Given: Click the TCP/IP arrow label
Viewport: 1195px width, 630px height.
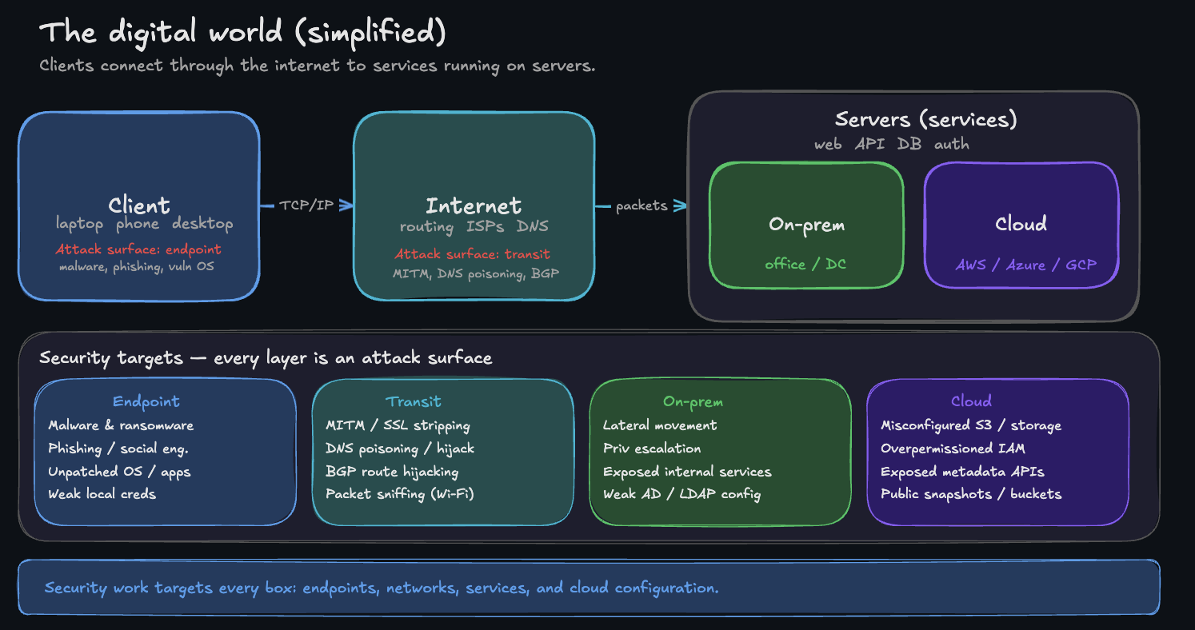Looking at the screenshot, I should pyautogui.click(x=306, y=205).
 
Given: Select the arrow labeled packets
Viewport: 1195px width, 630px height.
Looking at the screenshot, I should pyautogui.click(x=641, y=206).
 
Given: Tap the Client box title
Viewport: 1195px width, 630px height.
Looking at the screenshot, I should pyautogui.click(x=139, y=205).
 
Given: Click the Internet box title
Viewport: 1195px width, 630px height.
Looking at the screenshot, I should pyautogui.click(x=474, y=205).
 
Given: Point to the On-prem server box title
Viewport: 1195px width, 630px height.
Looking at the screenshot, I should pyautogui.click(x=806, y=225).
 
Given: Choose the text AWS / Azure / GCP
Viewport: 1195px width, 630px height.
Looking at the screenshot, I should pyautogui.click(x=1021, y=265).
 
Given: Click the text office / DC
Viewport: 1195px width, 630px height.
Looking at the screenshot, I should pyautogui.click(x=805, y=264).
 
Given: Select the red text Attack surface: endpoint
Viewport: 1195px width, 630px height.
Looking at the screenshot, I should pyautogui.click(x=138, y=249).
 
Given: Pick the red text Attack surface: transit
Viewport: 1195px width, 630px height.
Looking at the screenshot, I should pyautogui.click(x=473, y=254).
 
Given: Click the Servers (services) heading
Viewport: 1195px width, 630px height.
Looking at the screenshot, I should pyautogui.click(x=926, y=119).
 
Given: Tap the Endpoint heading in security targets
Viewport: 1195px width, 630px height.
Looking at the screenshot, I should pyautogui.click(x=146, y=401).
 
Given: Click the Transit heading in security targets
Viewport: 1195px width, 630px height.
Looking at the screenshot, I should pyautogui.click(x=414, y=401).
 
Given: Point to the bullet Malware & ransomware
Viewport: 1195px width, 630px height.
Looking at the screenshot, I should pyautogui.click(x=121, y=425).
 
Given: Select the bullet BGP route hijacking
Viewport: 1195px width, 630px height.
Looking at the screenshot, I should pyautogui.click(x=392, y=472).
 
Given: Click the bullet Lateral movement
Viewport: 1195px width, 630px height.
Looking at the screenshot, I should pyautogui.click(x=660, y=425).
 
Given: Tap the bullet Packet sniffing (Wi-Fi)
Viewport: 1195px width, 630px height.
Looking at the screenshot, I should pyautogui.click(x=400, y=494).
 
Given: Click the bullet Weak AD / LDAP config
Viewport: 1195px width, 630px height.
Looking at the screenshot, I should pyautogui.click(x=681, y=494).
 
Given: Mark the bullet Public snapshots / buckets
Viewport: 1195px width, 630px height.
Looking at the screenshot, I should pyautogui.click(x=971, y=494).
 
